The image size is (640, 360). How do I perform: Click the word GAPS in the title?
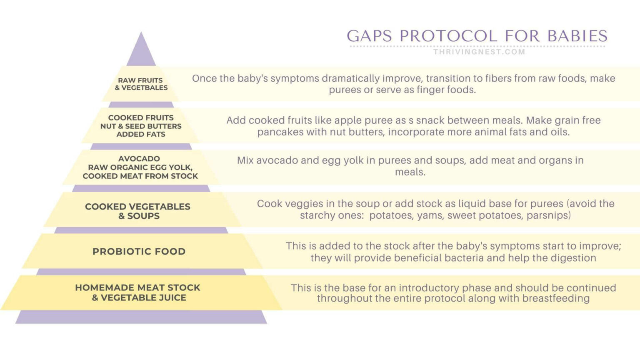(x=369, y=36)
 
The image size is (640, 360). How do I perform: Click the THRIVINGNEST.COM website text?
(x=479, y=52)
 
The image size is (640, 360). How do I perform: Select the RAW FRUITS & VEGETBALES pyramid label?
(x=141, y=84)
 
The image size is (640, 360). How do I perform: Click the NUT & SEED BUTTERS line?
(x=141, y=126)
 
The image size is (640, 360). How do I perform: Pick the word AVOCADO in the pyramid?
(x=139, y=159)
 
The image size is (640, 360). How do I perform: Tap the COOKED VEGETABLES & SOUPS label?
(x=138, y=211)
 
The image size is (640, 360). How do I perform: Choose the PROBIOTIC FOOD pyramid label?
(x=139, y=251)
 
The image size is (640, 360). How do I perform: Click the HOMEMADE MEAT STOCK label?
(x=137, y=288)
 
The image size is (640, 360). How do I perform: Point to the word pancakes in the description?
(x=280, y=132)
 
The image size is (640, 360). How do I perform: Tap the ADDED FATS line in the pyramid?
(x=141, y=134)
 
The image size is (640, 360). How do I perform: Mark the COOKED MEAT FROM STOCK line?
(x=140, y=176)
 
